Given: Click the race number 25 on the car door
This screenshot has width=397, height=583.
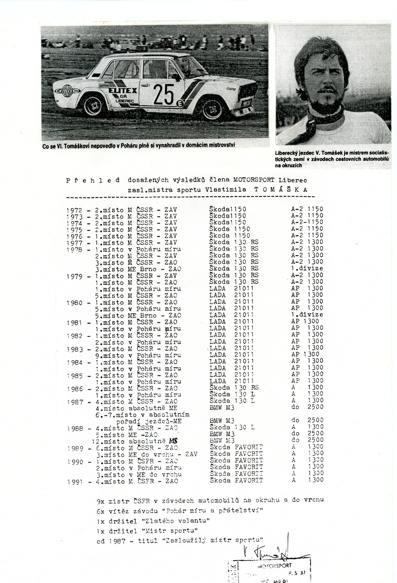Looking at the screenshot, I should point(164,94).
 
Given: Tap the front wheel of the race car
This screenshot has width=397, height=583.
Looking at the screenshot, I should point(213,109).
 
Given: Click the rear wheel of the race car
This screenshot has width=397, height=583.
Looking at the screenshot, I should point(94,106).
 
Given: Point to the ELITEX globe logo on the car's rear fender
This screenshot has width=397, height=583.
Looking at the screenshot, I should point(68,91).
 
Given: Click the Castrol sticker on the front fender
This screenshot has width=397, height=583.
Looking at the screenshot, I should point(231,89).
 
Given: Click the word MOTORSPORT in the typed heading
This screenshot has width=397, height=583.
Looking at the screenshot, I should point(254,180).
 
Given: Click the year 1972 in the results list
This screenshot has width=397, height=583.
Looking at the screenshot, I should point(74,210).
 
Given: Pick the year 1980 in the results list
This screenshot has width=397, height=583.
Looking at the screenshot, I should point(74,303).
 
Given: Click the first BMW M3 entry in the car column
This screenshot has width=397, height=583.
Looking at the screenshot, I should point(222,408).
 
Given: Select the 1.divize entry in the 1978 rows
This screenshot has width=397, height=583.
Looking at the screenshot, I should point(307,268).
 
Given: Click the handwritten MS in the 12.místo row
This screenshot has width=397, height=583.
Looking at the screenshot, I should point(173,441).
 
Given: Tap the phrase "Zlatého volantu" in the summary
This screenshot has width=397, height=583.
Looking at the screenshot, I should point(175,521).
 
